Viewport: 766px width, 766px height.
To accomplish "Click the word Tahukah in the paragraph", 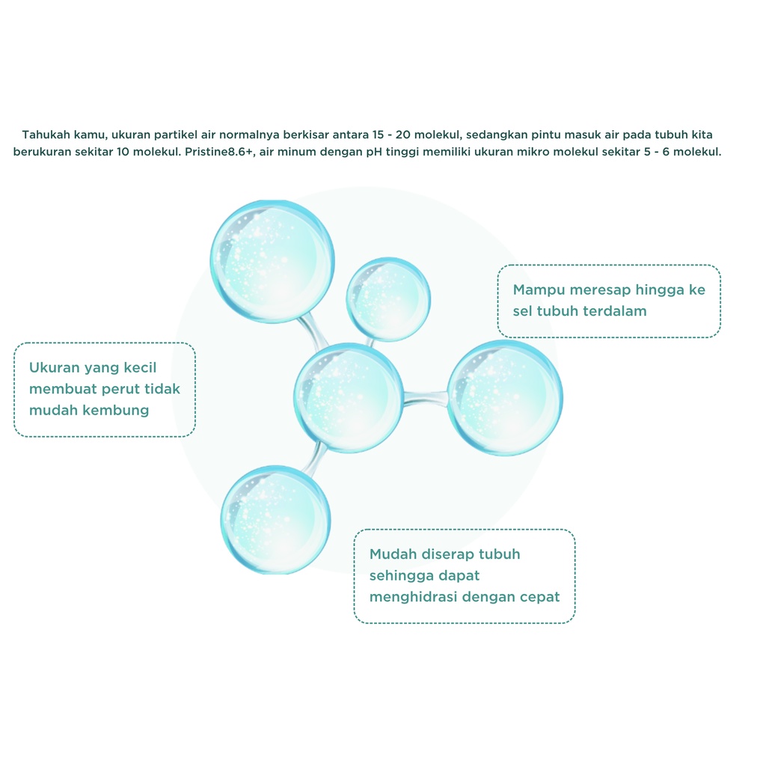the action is tap(46, 135).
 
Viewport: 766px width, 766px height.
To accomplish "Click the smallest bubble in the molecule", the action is tap(387, 298).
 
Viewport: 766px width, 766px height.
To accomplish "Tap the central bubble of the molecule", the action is tap(349, 397).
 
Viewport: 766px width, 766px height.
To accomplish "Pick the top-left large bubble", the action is tap(271, 261).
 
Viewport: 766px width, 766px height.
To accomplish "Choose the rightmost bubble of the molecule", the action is tap(505, 398).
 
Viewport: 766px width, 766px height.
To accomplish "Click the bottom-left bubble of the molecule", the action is tap(275, 519).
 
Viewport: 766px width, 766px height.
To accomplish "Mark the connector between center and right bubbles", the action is tap(425, 399).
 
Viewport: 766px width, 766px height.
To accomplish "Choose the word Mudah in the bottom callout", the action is tap(393, 554).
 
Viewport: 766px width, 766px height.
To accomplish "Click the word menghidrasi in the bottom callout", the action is tap(414, 597).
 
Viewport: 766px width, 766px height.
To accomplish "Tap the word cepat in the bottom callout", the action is tap(539, 597).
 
